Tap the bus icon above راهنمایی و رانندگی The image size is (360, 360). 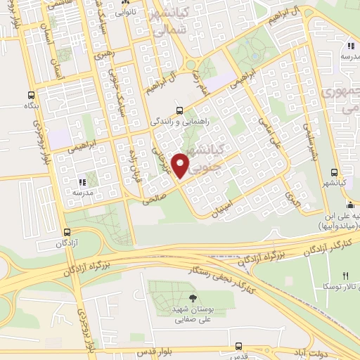(x=179, y=110)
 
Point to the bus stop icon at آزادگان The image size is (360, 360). (x=67, y=232)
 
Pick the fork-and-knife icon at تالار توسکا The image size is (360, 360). (x=345, y=275)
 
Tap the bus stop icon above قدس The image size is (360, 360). (x=239, y=346)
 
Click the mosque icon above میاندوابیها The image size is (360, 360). (x=349, y=205)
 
